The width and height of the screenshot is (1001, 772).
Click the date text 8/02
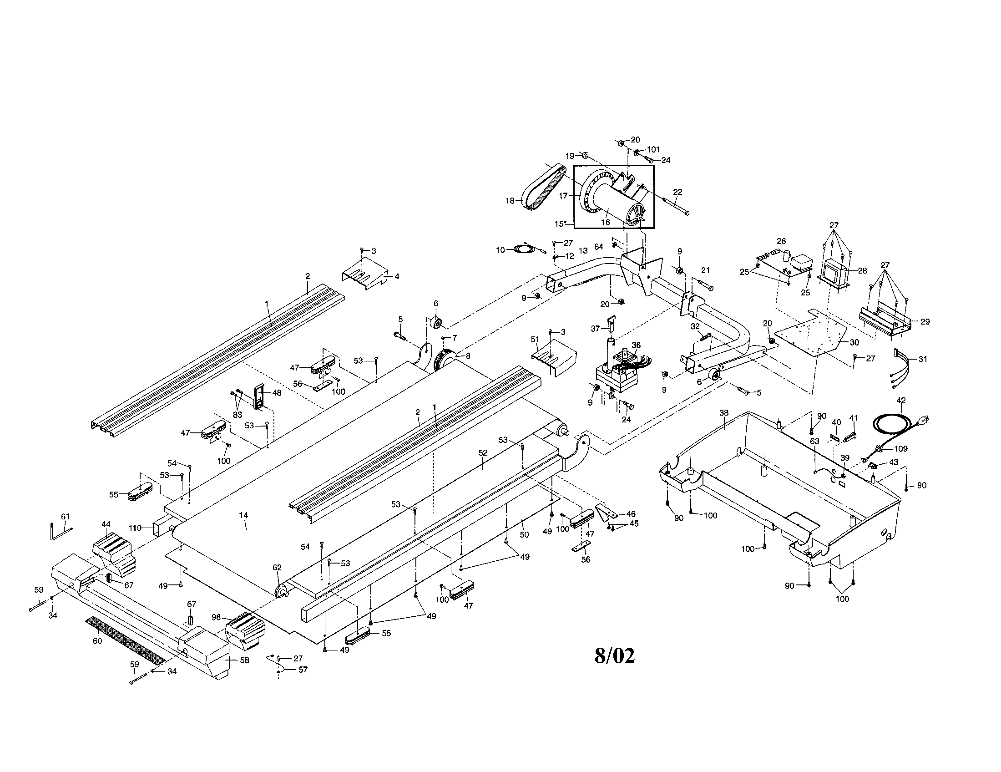pyautogui.click(x=615, y=656)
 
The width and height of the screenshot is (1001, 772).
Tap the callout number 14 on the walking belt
pyautogui.click(x=243, y=515)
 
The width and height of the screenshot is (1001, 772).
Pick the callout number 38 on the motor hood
pyautogui.click(x=724, y=412)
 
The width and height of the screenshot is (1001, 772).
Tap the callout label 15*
pyautogui.click(x=561, y=223)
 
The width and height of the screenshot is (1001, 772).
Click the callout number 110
pyautogui.click(x=135, y=528)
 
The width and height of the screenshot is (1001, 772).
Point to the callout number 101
pyautogui.click(x=653, y=149)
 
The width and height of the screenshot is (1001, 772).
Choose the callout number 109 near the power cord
pyautogui.click(x=900, y=448)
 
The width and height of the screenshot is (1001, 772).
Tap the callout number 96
pyautogui.click(x=216, y=617)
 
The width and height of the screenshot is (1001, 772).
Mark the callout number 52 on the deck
pyautogui.click(x=483, y=452)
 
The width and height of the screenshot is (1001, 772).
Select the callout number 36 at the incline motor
pyautogui.click(x=636, y=345)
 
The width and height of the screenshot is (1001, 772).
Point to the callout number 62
pyautogui.click(x=277, y=568)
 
